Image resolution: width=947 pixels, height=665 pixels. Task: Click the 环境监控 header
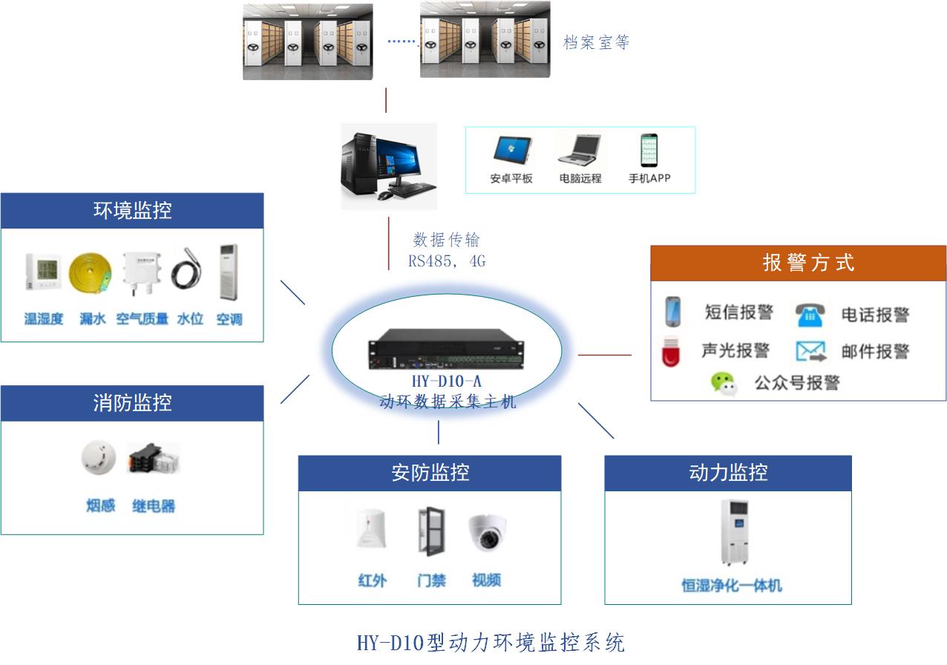pos(132,211)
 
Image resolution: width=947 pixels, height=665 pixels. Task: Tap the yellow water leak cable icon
pos(91,274)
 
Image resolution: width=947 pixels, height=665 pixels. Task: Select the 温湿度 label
pos(44,319)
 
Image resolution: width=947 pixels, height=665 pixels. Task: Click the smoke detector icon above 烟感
pos(99,458)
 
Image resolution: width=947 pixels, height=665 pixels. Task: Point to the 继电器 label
pos(154,507)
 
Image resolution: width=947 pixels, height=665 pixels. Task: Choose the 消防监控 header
pos(132,403)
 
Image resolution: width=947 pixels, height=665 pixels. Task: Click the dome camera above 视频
pos(487,531)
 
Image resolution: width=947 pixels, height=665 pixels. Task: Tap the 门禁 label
pos(431,580)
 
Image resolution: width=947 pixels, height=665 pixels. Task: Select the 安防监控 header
pos(430,473)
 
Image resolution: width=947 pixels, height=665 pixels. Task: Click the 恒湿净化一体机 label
pos(732,586)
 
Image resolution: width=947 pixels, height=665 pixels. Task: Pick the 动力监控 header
pos(727,473)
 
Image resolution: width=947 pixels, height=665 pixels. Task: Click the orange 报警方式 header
pos(798,263)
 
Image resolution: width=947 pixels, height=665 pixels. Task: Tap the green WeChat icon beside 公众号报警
pos(724,383)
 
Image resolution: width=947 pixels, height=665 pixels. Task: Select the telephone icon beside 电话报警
pos(810,315)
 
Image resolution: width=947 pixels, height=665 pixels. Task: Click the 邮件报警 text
pos(875,351)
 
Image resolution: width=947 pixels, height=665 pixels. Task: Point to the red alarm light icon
pos(671,352)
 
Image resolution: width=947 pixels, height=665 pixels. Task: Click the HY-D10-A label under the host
pos(446,384)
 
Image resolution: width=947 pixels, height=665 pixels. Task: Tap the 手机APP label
pos(649,179)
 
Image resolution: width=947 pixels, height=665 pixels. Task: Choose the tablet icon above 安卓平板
pos(511,149)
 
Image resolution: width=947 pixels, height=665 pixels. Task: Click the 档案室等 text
pos(596,42)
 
